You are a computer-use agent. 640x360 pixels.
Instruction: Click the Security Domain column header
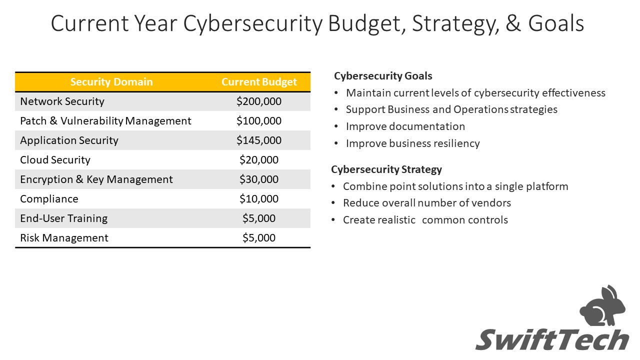click(x=111, y=82)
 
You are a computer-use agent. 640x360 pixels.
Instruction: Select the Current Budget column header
click(x=259, y=82)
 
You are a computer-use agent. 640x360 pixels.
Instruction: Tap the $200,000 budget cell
click(x=259, y=101)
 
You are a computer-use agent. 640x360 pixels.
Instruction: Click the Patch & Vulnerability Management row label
click(x=105, y=121)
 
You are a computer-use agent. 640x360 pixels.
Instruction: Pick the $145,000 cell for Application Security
click(x=259, y=140)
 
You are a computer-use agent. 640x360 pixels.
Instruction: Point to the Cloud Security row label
click(x=55, y=160)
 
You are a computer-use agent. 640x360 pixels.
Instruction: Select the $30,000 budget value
click(x=259, y=179)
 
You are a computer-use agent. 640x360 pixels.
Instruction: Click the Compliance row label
click(x=49, y=199)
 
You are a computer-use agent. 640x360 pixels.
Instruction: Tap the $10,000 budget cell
click(x=259, y=199)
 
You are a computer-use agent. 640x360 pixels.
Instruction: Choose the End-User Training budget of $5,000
click(x=259, y=218)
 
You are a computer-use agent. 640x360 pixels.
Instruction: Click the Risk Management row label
click(x=64, y=237)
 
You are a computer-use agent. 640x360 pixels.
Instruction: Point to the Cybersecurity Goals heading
click(x=383, y=76)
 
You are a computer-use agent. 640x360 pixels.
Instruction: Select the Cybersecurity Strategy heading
click(x=386, y=169)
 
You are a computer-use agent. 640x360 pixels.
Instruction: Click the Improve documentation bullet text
click(x=405, y=126)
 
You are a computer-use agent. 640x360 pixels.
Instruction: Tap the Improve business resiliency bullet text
click(x=413, y=143)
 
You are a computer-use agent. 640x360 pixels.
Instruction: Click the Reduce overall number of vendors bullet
click(x=427, y=203)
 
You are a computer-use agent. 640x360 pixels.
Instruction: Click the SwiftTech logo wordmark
click(x=552, y=339)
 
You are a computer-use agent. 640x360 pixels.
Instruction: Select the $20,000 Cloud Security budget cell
click(x=259, y=160)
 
